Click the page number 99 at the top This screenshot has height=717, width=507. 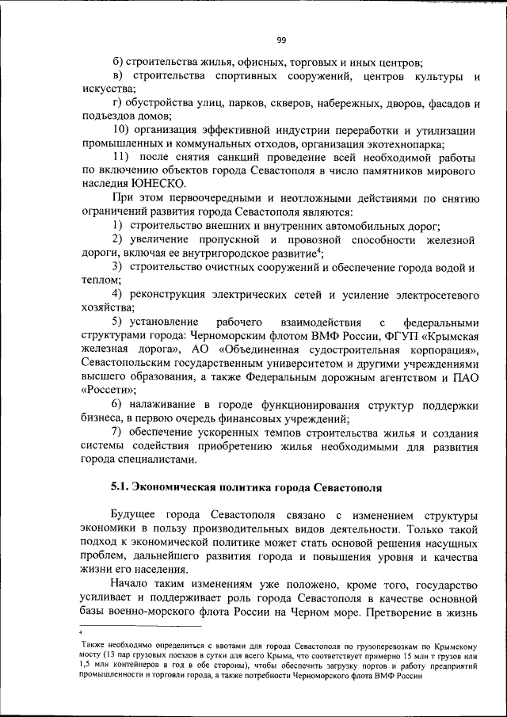coord(281,42)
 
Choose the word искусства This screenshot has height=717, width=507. coord(106,90)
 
